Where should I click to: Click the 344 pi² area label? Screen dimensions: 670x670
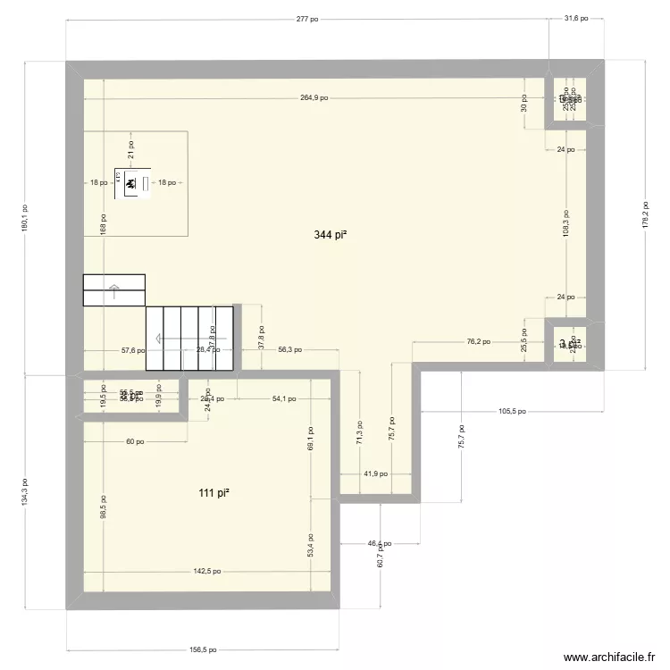pyautogui.click(x=330, y=236)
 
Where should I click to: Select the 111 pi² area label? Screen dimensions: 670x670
pyautogui.click(x=215, y=493)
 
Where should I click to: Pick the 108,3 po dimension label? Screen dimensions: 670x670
pyautogui.click(x=565, y=223)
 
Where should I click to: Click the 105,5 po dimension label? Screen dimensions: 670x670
pyautogui.click(x=513, y=412)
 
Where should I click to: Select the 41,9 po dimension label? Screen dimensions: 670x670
pyautogui.click(x=376, y=474)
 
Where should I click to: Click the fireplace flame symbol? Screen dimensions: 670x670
pyautogui.click(x=130, y=184)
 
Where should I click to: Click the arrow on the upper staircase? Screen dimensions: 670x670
pyautogui.click(x=114, y=288)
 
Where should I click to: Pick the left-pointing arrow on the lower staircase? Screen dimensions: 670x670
pyautogui.click(x=159, y=339)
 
